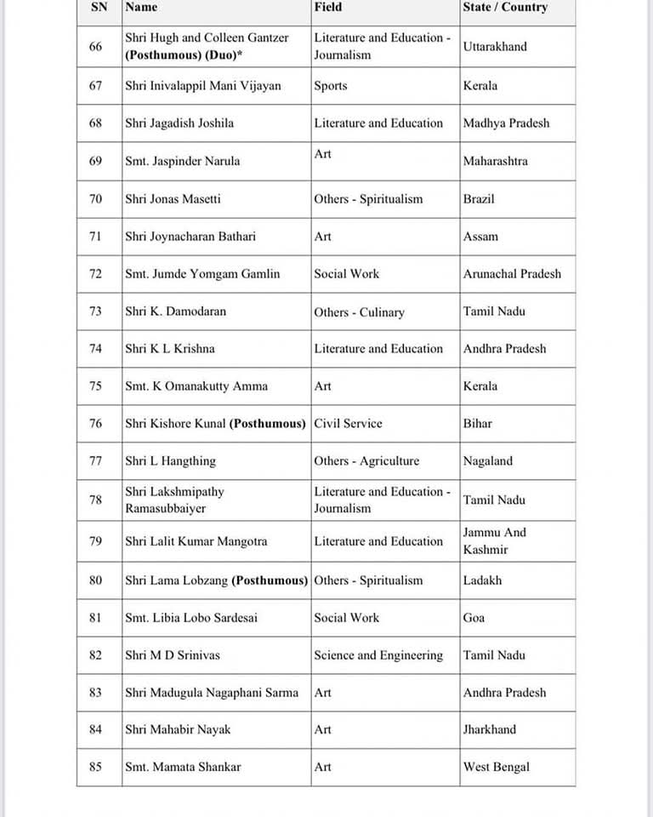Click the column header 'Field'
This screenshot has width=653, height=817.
coord(328,7)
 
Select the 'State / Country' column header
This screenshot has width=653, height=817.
coord(505,7)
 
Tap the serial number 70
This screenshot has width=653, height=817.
coord(95,198)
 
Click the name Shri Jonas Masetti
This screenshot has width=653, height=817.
coord(173,198)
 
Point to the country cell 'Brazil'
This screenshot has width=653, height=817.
coord(479,198)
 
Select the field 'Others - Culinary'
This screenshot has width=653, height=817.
coord(359,312)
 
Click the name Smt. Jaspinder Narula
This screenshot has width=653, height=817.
coord(182,161)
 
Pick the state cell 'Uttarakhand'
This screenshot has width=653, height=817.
coord(495,47)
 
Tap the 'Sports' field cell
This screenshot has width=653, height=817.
coord(331,85)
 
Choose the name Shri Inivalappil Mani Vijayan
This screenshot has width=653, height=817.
coord(202,85)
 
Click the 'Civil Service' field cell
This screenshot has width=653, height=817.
coord(348,423)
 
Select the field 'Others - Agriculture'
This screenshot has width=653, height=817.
coord(366,460)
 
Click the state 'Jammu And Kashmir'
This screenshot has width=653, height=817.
coord(495,540)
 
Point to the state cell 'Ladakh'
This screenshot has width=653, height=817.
coord(482,580)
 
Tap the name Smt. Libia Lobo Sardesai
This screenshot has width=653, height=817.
coord(191,617)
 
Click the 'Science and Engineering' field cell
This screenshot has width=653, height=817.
coord(378,654)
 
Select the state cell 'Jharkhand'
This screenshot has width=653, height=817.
coord(489,729)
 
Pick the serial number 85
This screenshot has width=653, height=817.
coord(95,767)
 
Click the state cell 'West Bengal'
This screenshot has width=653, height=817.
coord(496,767)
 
